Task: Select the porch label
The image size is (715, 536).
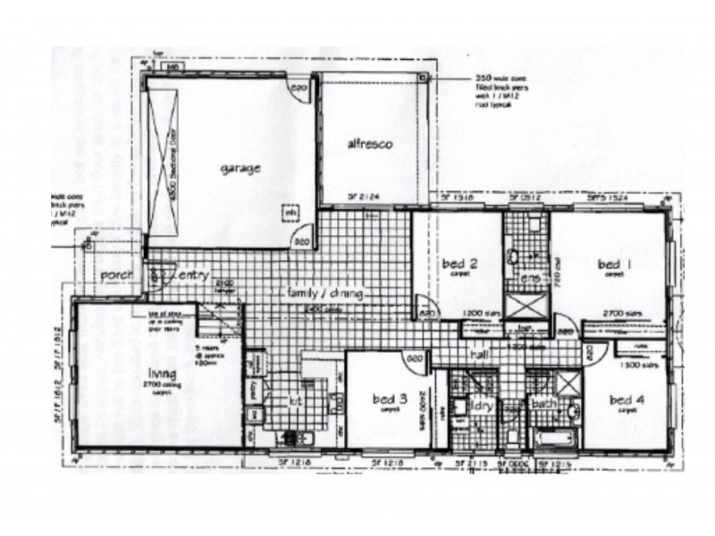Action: [x=116, y=274]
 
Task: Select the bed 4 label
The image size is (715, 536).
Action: [x=625, y=398]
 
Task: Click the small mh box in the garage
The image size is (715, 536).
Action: [x=290, y=213]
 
